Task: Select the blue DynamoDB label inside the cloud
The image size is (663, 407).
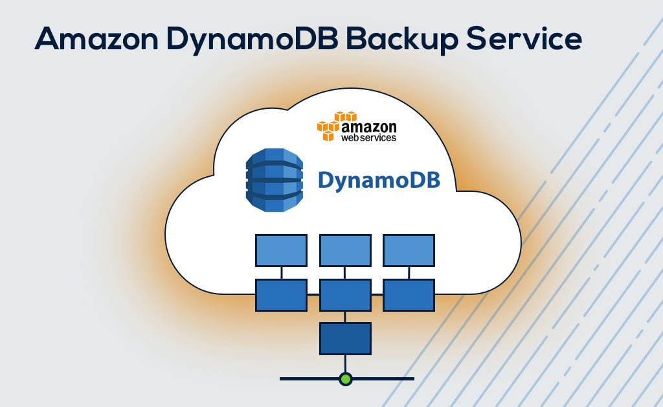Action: [379, 180]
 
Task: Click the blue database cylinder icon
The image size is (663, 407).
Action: [275, 180]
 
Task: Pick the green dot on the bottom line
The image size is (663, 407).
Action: [346, 378]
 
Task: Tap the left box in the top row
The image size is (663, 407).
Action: [281, 250]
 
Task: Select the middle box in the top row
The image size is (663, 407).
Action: [345, 250]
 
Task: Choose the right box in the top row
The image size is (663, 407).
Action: [409, 250]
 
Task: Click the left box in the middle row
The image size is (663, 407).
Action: [281, 295]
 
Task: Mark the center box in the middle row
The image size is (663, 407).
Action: [345, 295]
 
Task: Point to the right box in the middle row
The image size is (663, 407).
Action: [409, 295]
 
